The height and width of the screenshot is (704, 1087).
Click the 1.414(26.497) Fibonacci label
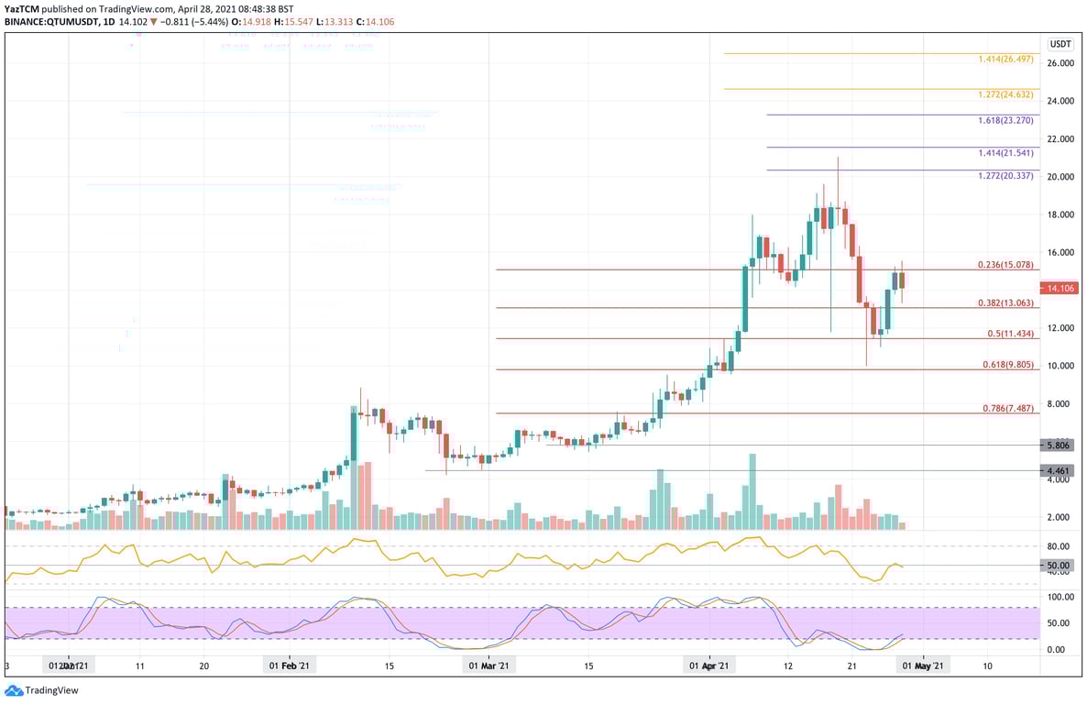pos(1005,59)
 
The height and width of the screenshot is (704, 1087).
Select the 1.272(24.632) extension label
pos(1005,94)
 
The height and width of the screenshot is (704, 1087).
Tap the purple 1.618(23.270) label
pos(1005,120)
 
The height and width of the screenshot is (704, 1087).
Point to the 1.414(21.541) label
pos(1005,153)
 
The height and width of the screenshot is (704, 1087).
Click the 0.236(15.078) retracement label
pos(1005,265)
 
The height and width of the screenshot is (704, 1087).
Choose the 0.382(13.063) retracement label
pos(1005,302)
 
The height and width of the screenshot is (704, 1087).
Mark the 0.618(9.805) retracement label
pos(1005,364)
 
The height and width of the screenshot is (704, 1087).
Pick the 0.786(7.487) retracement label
pos(1005,408)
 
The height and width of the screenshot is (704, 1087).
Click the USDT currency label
pos(1060,44)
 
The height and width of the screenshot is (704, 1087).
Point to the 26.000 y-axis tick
pos(1060,63)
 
